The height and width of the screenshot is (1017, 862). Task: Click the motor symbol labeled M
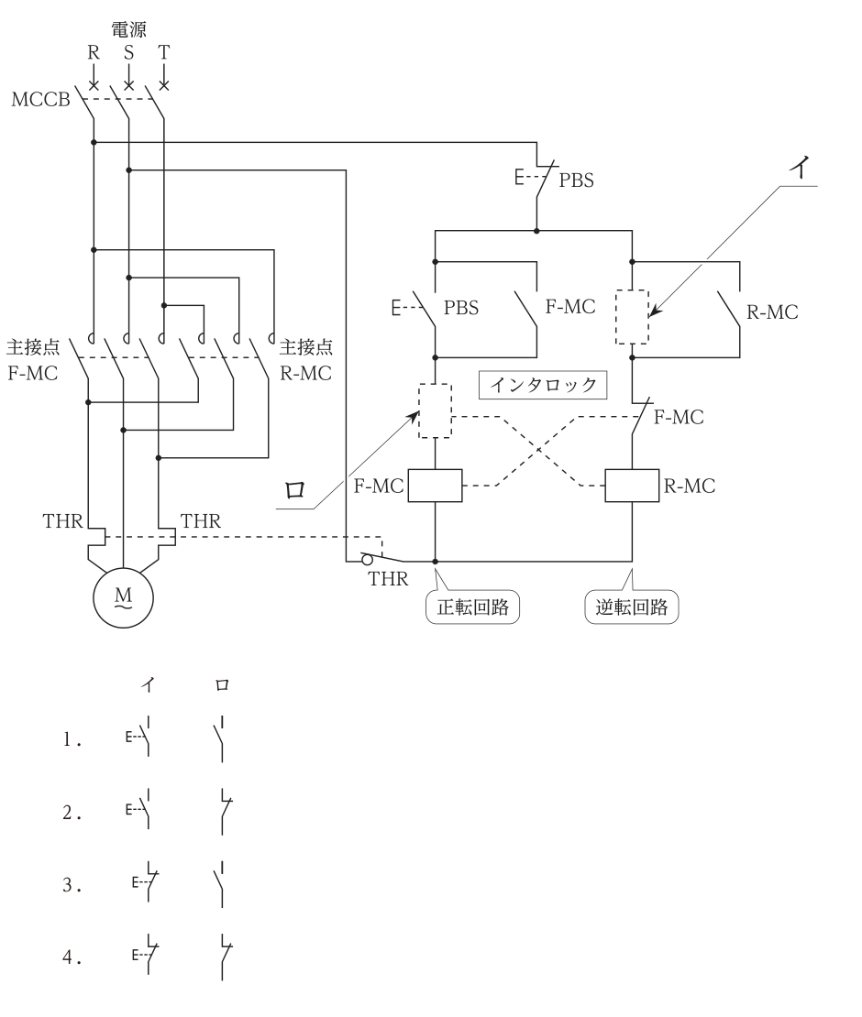pos(123,598)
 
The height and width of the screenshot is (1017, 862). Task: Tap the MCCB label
pos(40,99)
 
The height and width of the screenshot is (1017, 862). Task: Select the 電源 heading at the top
pos(128,29)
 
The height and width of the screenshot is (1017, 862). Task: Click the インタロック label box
pos(543,385)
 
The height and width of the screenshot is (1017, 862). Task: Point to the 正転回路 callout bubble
pos(472,607)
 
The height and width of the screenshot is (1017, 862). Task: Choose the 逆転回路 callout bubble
pos(632,607)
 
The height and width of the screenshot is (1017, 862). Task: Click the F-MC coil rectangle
pos(435,486)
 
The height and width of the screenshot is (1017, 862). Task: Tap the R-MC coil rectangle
pos(632,486)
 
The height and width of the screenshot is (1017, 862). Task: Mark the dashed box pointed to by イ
pos(632,317)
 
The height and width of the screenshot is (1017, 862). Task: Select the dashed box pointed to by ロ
pos(435,411)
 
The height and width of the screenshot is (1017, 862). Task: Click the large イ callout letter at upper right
pos(801,168)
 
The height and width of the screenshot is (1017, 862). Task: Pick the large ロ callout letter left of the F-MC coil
pos(295,489)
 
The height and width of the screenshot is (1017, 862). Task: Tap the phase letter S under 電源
pos(128,52)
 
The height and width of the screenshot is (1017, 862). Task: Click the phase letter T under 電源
pos(163,52)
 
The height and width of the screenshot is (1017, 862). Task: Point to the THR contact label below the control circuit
pos(388,578)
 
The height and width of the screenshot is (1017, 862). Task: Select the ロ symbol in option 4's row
pos(225,957)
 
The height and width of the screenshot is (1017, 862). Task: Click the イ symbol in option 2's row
pos(140,809)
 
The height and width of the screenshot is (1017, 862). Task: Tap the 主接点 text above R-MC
pos(305,347)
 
